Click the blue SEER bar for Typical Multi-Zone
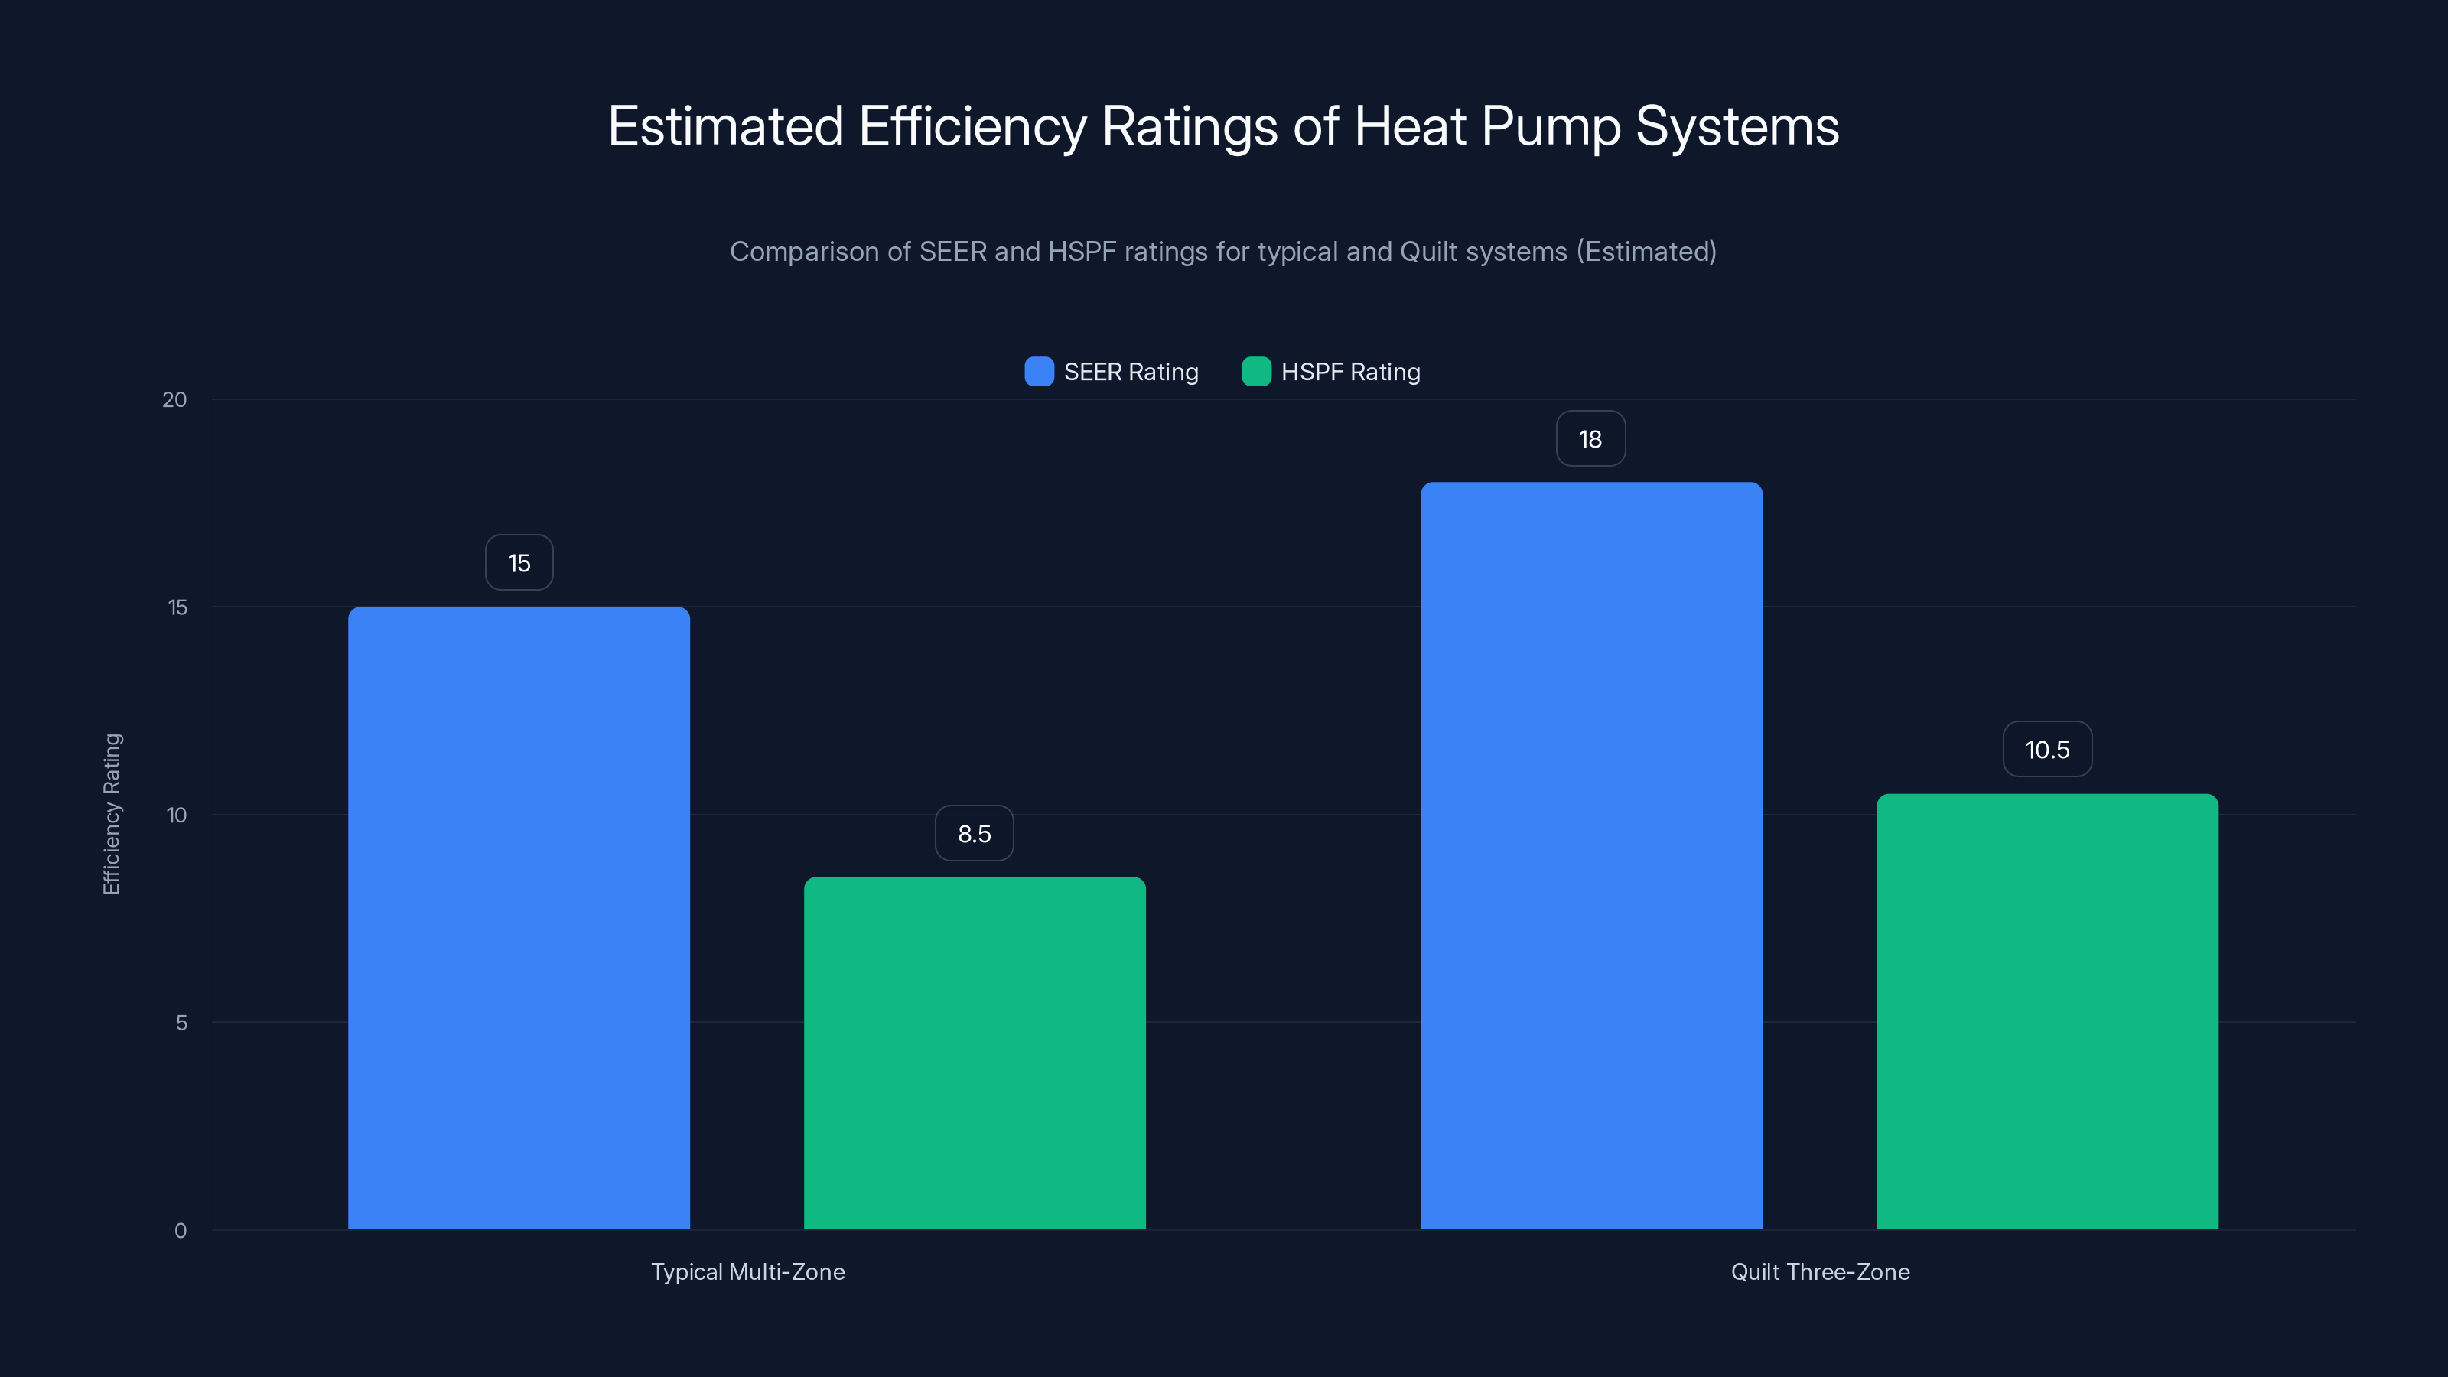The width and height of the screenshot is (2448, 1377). click(x=519, y=917)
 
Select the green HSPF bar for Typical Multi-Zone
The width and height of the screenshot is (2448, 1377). click(x=975, y=1053)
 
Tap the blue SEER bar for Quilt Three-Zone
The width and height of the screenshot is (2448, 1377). click(x=1591, y=855)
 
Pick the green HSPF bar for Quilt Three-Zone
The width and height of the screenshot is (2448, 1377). click(x=2047, y=1011)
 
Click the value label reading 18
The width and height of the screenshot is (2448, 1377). click(x=1590, y=439)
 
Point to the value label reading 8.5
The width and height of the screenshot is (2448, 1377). click(x=974, y=833)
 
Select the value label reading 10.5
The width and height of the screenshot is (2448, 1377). click(x=2047, y=750)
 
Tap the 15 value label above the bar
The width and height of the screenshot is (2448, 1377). click(x=519, y=562)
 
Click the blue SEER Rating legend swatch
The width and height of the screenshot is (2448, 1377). click(x=1039, y=372)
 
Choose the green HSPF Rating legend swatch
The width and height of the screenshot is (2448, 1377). click(x=1256, y=372)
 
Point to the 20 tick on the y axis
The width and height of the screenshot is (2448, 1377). click(x=175, y=400)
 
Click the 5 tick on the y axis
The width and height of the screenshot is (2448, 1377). click(x=181, y=1024)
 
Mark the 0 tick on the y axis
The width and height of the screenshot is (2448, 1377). click(x=181, y=1231)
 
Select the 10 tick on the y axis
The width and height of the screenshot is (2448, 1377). click(x=177, y=815)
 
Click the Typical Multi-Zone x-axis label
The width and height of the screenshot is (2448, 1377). click(x=748, y=1271)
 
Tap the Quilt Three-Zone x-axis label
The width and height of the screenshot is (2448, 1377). click(x=1820, y=1271)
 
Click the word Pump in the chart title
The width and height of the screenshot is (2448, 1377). click(x=1551, y=126)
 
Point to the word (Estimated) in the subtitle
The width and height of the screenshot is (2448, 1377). click(x=1646, y=252)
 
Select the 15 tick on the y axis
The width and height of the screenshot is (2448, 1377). click(x=177, y=607)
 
